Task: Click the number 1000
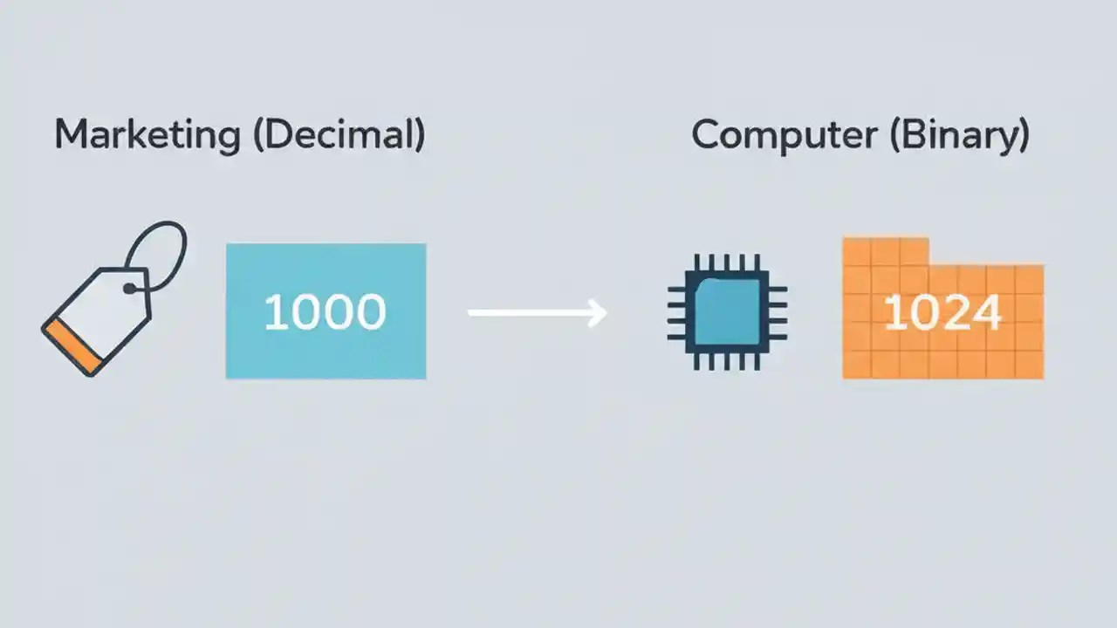click(325, 312)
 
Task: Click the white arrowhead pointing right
click(597, 312)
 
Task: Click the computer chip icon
click(727, 311)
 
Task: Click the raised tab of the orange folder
click(886, 251)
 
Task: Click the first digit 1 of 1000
click(272, 312)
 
